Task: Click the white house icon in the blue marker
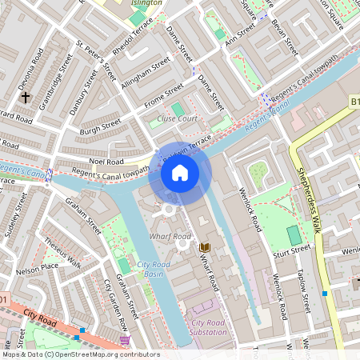[x=180, y=173]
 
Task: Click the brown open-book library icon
[x=205, y=247]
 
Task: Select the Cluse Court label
[x=177, y=118]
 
